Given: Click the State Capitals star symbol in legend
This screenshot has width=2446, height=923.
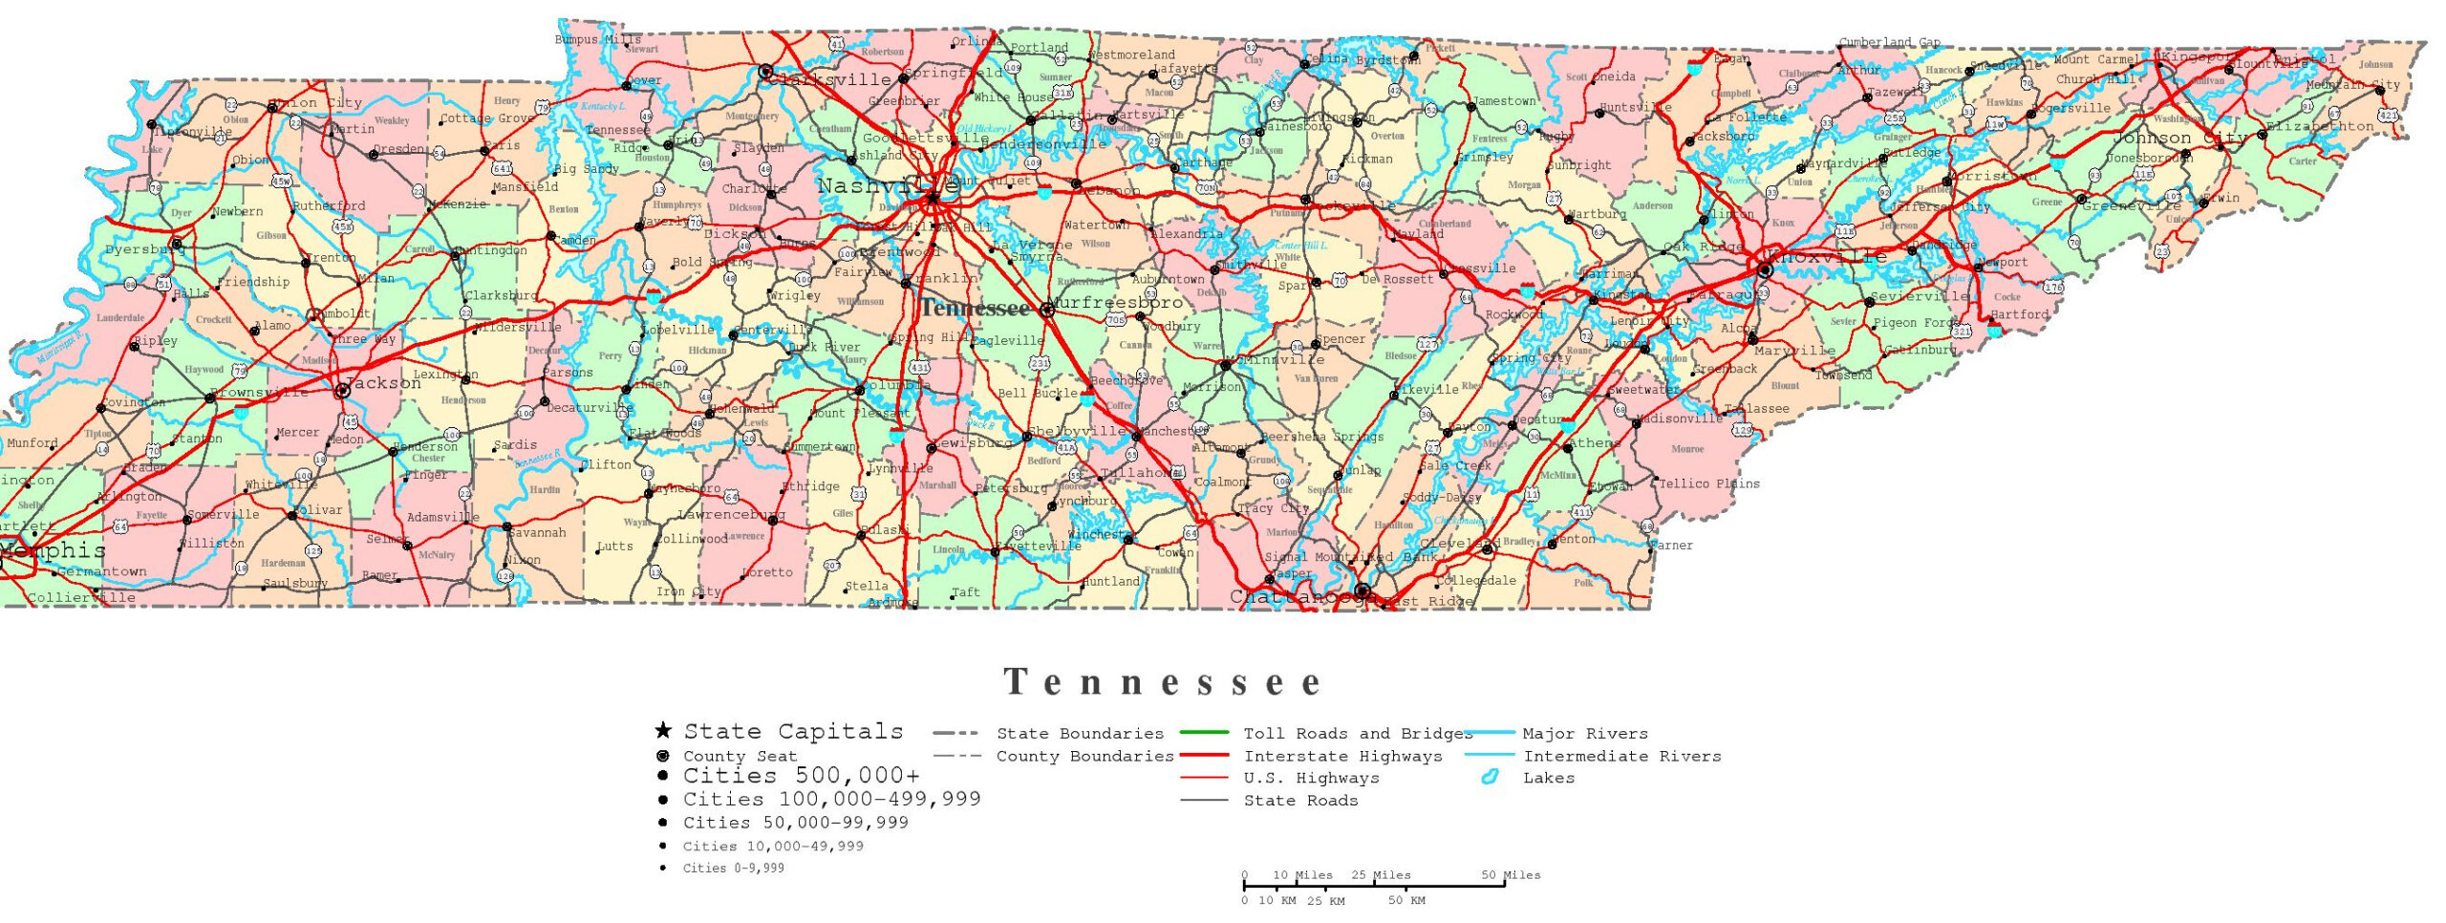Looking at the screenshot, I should (x=662, y=731).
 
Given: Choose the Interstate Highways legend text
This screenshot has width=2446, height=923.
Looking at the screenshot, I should (x=1342, y=756).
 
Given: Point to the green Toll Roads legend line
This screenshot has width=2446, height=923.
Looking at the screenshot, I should (x=1204, y=733).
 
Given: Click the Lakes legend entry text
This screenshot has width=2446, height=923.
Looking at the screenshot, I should (x=1548, y=778).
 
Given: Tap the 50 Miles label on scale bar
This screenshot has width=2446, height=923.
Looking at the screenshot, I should (x=1511, y=875).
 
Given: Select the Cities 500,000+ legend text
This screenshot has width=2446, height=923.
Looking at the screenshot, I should (x=801, y=775).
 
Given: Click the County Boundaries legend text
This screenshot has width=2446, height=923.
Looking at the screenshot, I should (x=1084, y=756).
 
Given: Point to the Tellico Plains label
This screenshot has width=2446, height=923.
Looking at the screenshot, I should (x=1708, y=483).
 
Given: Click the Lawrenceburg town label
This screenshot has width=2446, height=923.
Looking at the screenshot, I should (x=731, y=514).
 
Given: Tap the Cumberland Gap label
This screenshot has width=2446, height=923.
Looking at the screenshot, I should (x=1889, y=42).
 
